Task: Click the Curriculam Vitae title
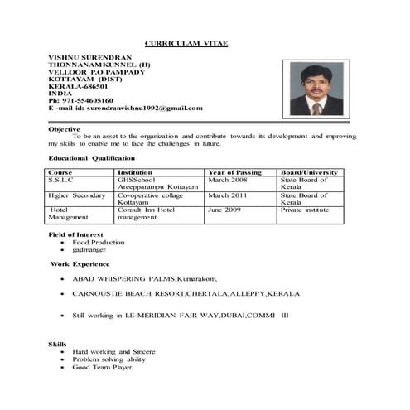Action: tap(186, 42)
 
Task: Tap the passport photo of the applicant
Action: tap(319, 89)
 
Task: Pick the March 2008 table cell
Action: tap(228, 180)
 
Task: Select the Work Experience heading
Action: tap(80, 263)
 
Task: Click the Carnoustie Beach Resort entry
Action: tap(186, 293)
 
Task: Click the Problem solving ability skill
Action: tap(109, 359)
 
